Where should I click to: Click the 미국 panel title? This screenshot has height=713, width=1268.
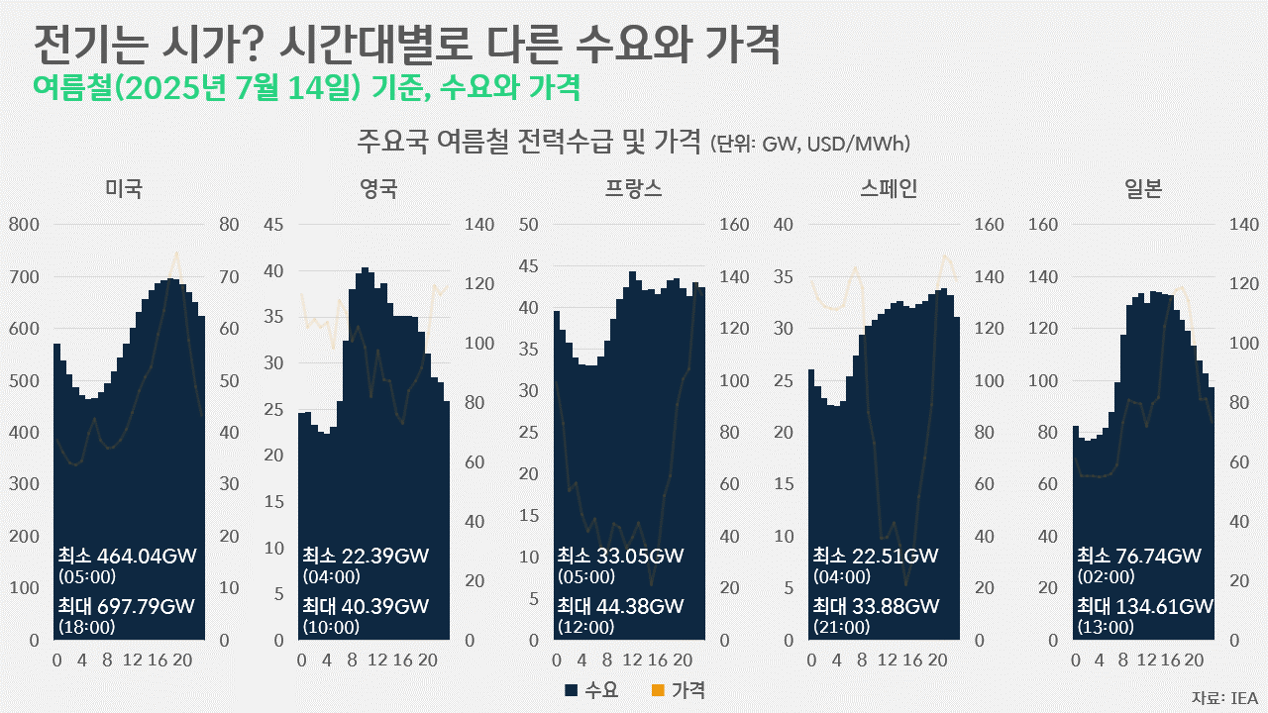coord(124,188)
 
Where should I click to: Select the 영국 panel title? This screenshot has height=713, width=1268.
coord(379,188)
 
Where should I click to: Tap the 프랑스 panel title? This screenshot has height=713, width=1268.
coord(634,188)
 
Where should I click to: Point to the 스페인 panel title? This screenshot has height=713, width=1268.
coord(890,188)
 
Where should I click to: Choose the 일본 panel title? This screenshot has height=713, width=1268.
coord(1143,188)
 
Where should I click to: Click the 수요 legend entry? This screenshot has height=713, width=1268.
coord(591,690)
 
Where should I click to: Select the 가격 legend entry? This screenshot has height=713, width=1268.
coord(679,690)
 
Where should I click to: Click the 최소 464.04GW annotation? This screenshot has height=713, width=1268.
coord(126,556)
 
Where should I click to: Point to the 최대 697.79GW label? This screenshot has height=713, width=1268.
coord(126,606)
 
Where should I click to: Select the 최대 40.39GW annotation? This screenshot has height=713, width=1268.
coord(366,606)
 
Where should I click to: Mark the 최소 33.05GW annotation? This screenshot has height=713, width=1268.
coord(620,556)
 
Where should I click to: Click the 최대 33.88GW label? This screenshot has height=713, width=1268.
coord(876,606)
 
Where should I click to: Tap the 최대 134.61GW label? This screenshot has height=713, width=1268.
coord(1145,606)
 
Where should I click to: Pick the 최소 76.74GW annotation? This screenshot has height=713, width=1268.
coord(1139,556)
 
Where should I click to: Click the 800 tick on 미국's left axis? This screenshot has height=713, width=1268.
coord(24,225)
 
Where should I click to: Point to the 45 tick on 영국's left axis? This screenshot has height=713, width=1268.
coord(272,225)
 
